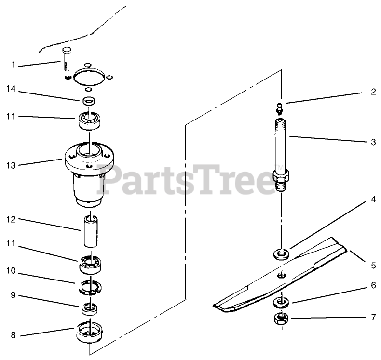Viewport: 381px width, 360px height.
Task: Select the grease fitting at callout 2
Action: pos(280,108)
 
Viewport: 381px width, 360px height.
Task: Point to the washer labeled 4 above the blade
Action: pos(281,254)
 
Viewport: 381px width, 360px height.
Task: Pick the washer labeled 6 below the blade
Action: pos(281,303)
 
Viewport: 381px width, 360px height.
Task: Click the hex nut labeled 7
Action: pos(281,318)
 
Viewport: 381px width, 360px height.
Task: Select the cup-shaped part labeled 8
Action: pos(90,332)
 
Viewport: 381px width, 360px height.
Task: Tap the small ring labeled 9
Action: pos(89,309)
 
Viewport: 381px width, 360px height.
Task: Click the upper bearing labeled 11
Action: pos(89,120)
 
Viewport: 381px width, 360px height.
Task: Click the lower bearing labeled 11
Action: pos(90,265)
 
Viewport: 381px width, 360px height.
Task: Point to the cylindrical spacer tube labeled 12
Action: pos(91,231)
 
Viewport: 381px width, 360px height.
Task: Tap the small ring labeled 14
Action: pos(89,101)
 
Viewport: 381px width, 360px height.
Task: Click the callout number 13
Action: pos(11,166)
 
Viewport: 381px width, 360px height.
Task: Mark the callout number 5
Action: pos(373,266)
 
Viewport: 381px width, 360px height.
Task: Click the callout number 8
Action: pos(13,335)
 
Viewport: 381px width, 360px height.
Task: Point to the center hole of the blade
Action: pos(282,275)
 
